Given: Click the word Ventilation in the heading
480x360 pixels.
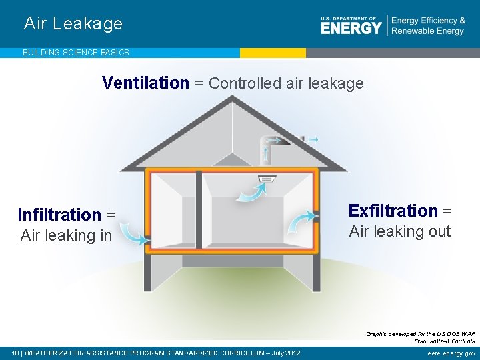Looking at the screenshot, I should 145,83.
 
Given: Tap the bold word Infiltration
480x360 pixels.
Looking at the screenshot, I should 59,215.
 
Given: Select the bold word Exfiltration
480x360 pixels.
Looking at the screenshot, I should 393,211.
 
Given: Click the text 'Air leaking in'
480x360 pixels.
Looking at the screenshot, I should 67,235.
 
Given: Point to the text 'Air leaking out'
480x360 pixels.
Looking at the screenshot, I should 400,231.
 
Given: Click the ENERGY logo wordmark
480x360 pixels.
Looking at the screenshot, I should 351,27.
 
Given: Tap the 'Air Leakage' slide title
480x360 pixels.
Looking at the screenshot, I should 73,23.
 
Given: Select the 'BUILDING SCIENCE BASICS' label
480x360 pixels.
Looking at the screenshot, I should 76,52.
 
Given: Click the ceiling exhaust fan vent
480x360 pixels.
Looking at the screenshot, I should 267,177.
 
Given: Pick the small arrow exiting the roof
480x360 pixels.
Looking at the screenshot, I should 312,139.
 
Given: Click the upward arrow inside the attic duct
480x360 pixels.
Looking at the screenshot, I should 267,154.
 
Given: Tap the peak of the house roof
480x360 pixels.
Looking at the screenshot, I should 231,99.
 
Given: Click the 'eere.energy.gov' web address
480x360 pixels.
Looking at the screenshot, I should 452,353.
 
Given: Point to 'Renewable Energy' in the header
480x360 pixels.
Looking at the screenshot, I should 427,31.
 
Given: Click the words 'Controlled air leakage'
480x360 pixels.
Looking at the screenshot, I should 286,83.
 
